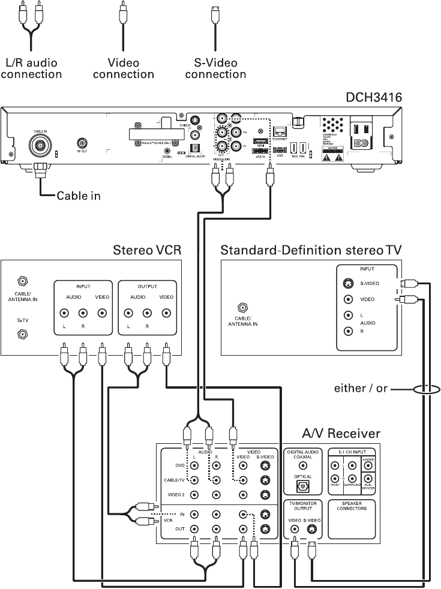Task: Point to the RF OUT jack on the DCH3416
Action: pos(82,143)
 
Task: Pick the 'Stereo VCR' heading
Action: pos(147,250)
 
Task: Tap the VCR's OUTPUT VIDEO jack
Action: pos(166,312)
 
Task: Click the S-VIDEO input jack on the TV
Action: pos(347,285)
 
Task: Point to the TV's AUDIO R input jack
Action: pos(347,330)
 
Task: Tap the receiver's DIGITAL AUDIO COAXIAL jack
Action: pos(303,465)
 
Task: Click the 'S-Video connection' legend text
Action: pos(215,68)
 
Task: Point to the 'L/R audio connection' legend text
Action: pos(32,68)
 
